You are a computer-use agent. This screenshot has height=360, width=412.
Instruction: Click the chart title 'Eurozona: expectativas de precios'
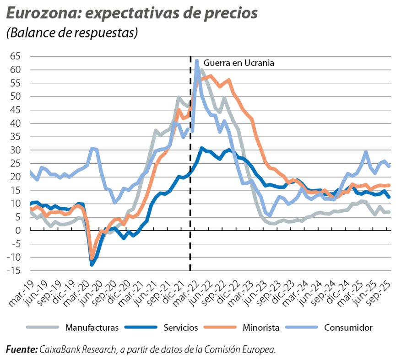pyautogui.click(x=132, y=14)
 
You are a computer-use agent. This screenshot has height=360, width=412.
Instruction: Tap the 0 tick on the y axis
pyautogui.click(x=18, y=231)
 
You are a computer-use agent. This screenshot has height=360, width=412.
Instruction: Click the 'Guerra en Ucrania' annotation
pyautogui.click(x=239, y=63)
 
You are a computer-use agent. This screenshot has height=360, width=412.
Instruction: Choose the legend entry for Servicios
pyautogui.click(x=180, y=328)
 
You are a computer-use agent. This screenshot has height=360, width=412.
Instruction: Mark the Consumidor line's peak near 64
pyautogui.click(x=196, y=60)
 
